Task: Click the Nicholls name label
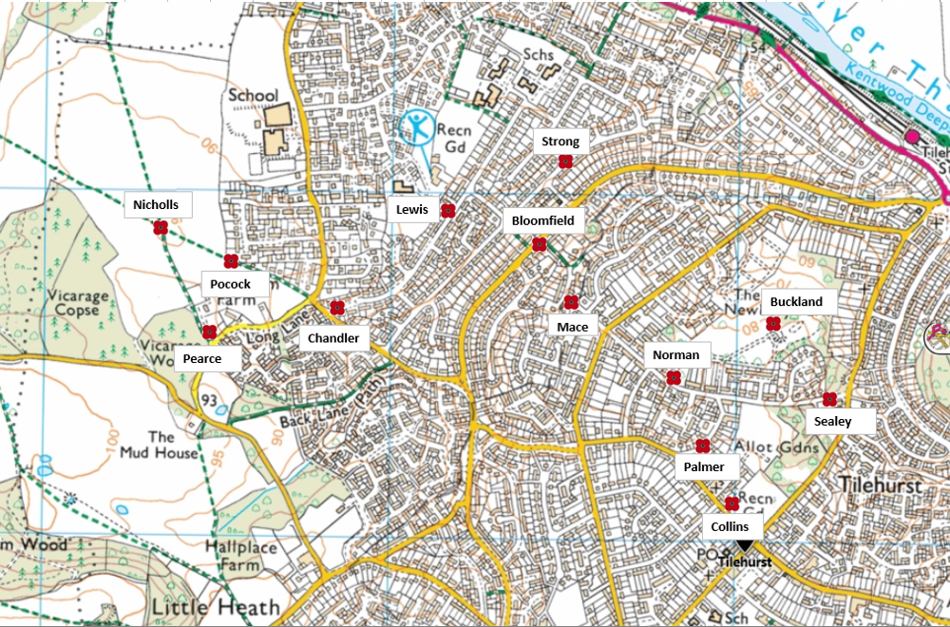(x=157, y=204)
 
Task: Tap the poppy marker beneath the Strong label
(x=565, y=162)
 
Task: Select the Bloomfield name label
(x=542, y=221)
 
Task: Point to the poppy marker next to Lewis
(x=447, y=211)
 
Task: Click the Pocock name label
(x=230, y=284)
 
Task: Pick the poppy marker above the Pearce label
(x=210, y=332)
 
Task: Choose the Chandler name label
(x=333, y=338)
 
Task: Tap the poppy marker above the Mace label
(x=571, y=302)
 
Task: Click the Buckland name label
(x=796, y=302)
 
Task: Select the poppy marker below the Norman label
(x=674, y=378)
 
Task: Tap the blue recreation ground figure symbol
(x=415, y=127)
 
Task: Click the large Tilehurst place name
(x=882, y=484)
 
